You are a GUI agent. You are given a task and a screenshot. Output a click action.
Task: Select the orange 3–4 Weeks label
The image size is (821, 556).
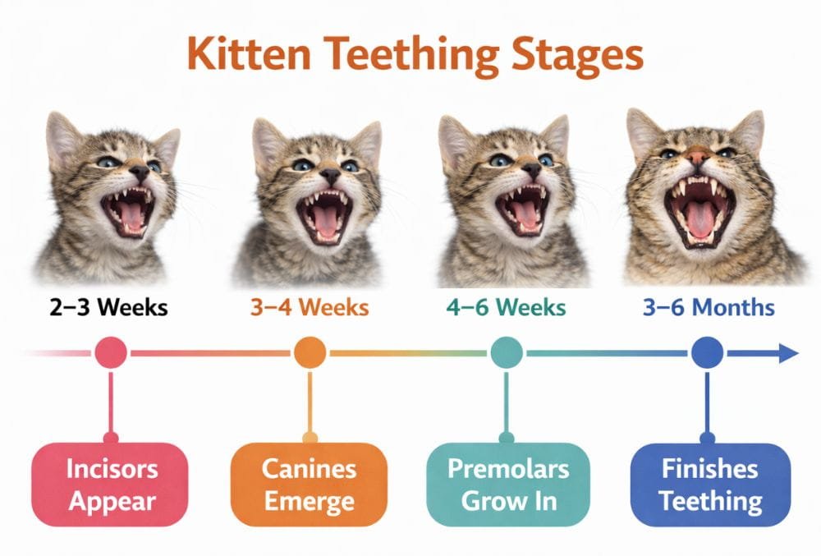pos(309,308)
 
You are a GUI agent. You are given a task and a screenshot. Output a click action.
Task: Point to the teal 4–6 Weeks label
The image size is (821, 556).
pos(506,308)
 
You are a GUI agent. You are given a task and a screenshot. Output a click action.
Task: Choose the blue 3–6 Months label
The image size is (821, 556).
pos(708,308)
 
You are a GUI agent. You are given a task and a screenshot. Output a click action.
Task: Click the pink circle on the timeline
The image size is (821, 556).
pos(111,353)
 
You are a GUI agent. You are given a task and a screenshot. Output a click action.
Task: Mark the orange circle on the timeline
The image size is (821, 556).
pos(310,353)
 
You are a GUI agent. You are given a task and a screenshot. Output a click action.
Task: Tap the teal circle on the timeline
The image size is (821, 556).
pos(507,353)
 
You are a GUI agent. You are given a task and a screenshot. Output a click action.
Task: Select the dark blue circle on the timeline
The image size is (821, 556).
pos(707,353)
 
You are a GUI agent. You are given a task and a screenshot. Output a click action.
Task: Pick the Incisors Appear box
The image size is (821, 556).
pos(112,485)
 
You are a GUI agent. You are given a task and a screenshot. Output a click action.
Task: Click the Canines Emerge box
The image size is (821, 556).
pos(310,485)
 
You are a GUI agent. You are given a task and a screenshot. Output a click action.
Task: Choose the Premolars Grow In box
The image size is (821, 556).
pos(507,485)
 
